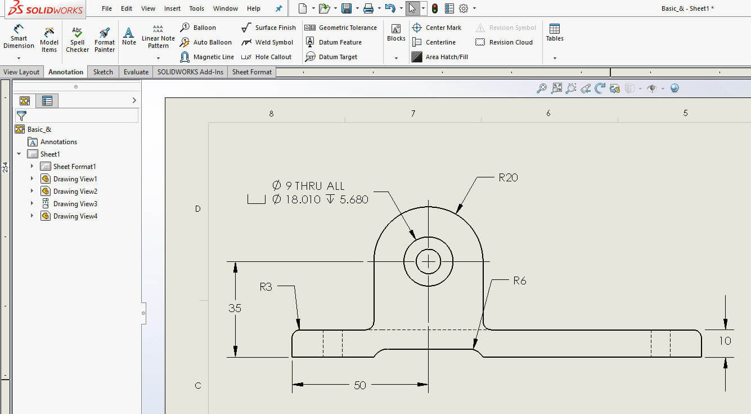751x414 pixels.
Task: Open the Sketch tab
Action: pos(103,72)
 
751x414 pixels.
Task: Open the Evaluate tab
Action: pos(136,72)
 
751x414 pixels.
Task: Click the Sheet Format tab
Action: pos(251,72)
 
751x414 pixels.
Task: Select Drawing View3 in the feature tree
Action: pos(75,204)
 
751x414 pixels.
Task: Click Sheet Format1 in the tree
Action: pos(74,167)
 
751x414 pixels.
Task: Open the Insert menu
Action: pos(172,8)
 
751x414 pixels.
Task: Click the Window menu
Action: pos(226,8)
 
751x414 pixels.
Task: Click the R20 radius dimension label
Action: pos(508,177)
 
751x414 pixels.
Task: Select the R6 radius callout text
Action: pos(519,281)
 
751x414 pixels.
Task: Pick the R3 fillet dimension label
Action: pos(266,287)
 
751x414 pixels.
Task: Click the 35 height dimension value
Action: pos(235,308)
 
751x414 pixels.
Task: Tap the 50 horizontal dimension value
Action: pos(360,385)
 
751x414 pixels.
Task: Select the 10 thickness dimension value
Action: pos(725,341)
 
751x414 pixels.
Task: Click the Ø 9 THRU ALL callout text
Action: pos(308,186)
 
